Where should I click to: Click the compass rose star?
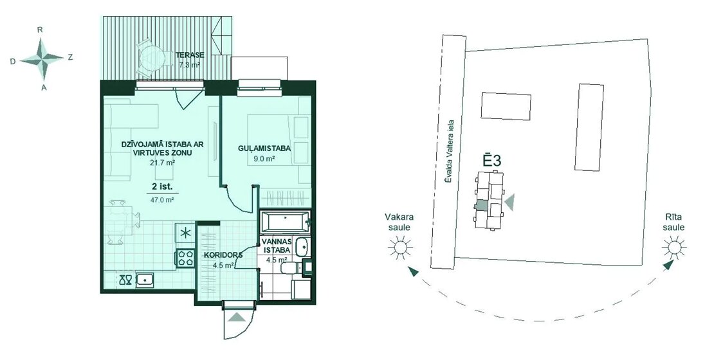click(x=42, y=59)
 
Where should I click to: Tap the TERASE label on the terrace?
click(x=190, y=55)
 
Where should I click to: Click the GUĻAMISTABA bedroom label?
click(x=264, y=148)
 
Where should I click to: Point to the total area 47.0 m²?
click(x=162, y=199)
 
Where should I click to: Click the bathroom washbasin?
click(x=300, y=248)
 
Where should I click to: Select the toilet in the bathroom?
click(x=291, y=268)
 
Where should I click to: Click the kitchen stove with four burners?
click(x=185, y=258)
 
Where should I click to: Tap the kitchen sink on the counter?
click(x=145, y=279)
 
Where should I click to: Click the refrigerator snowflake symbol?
click(x=185, y=233)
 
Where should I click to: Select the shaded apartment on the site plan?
click(x=481, y=205)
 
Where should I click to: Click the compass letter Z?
click(x=70, y=57)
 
